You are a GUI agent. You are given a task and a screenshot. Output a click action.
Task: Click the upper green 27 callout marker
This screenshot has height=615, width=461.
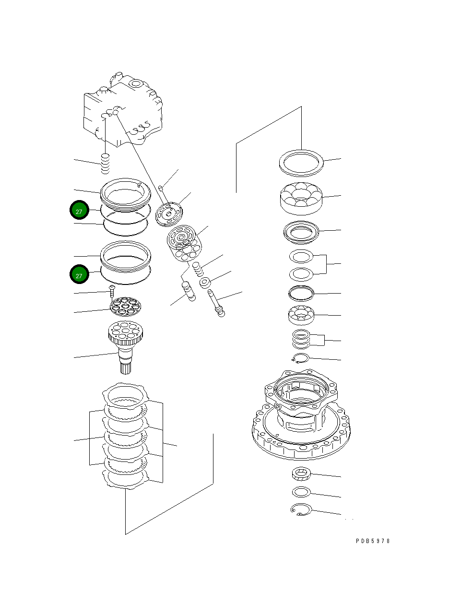click(79, 211)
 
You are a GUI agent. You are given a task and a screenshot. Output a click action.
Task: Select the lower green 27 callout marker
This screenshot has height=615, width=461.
click(79, 275)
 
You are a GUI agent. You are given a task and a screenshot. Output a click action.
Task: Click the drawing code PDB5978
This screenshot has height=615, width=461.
click(373, 541)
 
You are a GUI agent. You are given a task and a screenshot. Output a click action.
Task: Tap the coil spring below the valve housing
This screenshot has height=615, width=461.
click(106, 165)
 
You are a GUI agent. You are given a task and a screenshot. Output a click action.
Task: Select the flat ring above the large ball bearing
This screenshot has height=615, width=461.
click(301, 163)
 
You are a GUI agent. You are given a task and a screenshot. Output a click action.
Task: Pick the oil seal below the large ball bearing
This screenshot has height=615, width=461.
click(301, 232)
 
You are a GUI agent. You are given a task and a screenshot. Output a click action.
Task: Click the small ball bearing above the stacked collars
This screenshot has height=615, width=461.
click(301, 315)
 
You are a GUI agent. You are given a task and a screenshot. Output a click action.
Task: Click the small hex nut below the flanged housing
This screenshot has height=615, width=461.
click(302, 474)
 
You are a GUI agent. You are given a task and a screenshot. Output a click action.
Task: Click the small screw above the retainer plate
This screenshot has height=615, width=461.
click(112, 290)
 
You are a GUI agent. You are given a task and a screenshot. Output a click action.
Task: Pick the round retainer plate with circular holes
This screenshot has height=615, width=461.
click(125, 307)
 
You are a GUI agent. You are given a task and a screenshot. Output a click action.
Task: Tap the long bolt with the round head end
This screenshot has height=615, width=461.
click(216, 302)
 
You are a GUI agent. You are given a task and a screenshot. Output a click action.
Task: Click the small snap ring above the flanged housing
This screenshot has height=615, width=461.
click(301, 357)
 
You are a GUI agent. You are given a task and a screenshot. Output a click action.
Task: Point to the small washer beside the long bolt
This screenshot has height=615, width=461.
click(205, 283)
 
